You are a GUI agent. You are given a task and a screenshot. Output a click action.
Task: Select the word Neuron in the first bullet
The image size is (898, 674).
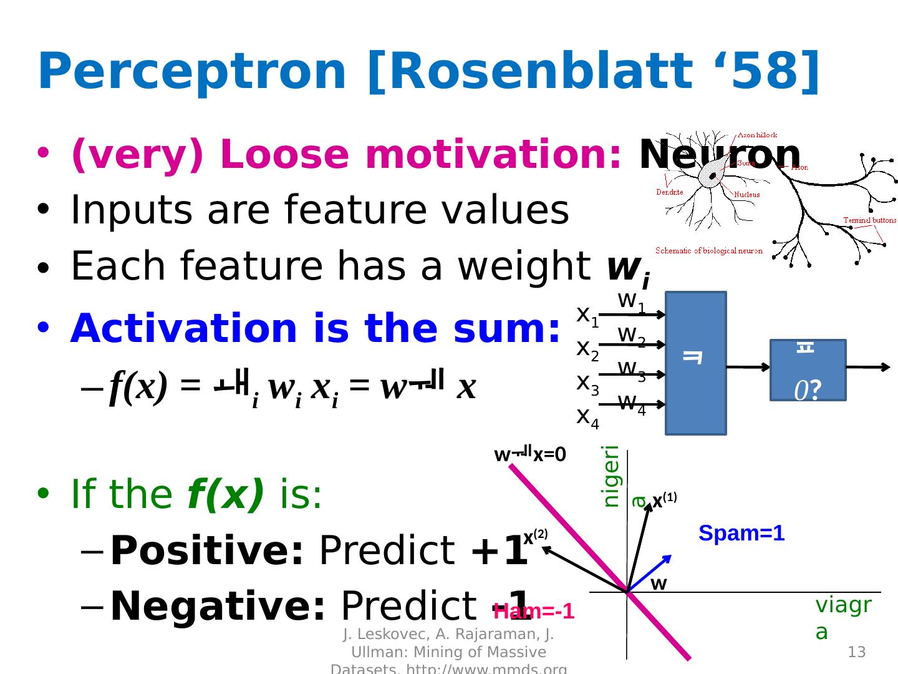(720, 155)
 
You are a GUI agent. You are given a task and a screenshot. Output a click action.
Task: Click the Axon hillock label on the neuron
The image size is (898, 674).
(757, 135)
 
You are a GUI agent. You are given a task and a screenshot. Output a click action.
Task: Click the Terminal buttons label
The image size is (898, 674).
(869, 220)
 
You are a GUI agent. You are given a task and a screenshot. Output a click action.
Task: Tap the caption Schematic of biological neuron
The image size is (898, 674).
(708, 251)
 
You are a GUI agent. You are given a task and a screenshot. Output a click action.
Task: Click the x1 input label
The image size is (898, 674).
(587, 316)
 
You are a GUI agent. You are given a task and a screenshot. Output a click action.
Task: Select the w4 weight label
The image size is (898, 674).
(631, 403)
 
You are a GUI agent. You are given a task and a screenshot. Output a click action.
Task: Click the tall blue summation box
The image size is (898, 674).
(696, 363)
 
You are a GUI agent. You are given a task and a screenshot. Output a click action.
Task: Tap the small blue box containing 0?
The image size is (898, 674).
(808, 370)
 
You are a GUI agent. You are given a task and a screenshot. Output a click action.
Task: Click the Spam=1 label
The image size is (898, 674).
(741, 534)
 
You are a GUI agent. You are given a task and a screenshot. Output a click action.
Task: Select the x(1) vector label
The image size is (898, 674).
(664, 501)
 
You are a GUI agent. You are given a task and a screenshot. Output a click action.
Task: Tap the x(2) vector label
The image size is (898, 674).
(535, 537)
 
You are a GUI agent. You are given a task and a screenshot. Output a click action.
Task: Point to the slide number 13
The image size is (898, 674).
(857, 652)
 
